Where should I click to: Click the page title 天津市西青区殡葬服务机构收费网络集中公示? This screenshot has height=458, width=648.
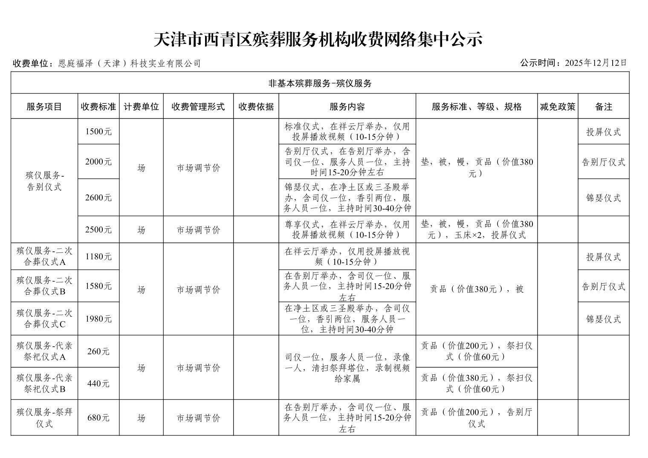(318, 40)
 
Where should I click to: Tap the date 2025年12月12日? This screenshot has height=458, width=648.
(596, 63)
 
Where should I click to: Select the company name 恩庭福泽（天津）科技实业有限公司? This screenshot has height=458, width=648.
(130, 64)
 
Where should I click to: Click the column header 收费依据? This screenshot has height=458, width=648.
(256, 107)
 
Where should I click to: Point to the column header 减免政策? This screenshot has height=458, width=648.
(557, 107)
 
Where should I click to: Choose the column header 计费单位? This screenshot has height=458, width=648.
(141, 107)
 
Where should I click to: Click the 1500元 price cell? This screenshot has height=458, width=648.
(98, 132)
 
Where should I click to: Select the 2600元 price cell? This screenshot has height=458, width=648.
(98, 197)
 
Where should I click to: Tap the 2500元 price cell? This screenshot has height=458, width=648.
(98, 230)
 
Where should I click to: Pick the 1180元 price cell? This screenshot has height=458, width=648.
(98, 257)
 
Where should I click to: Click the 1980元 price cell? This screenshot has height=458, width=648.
(98, 319)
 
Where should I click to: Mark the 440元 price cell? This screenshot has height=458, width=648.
(98, 384)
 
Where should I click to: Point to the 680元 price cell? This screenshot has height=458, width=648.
(98, 418)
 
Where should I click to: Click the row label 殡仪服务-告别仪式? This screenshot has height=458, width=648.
(44, 181)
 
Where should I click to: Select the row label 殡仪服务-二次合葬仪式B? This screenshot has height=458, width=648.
(44, 286)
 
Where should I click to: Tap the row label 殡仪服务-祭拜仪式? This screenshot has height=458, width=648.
(44, 418)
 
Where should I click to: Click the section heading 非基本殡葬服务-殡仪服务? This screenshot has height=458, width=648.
(320, 83)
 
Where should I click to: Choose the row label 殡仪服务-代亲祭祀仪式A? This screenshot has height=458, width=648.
(44, 351)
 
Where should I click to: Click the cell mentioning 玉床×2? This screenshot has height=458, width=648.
(476, 230)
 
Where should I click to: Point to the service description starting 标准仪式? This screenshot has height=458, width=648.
(347, 132)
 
